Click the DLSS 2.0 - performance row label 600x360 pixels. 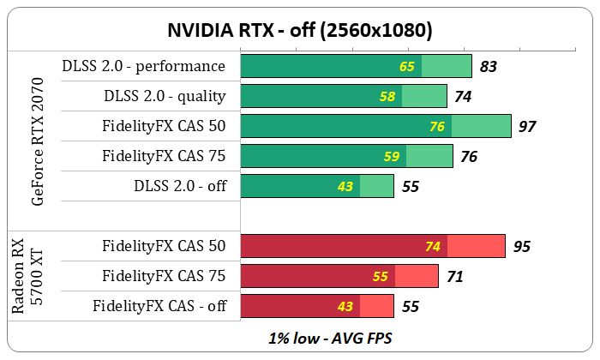coord(144,66)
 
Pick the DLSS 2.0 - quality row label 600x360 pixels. coord(165,96)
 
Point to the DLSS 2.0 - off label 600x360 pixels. coord(180,185)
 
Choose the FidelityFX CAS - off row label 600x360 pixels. coord(159,305)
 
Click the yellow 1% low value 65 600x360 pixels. coord(406,66)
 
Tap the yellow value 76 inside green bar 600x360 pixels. coord(437,126)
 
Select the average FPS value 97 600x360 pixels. coord(527,126)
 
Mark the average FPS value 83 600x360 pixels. coord(489,66)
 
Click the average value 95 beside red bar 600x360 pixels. coord(521,247)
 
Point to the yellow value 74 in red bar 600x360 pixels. coord(433,247)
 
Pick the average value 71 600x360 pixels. coord(455,277)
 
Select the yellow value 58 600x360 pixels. coord(387,96)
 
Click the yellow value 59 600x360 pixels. coord(392,156)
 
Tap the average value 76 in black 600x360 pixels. coord(469,156)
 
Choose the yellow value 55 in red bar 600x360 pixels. coord(381,277)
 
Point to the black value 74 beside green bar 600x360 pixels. coord(463,96)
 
